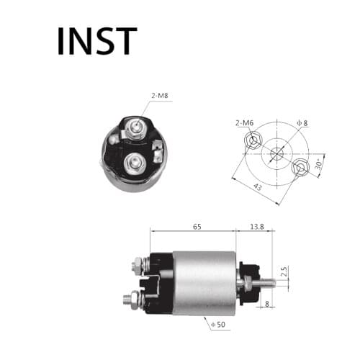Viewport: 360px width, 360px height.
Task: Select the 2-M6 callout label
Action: coord(244,122)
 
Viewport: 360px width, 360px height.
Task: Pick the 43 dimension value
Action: coord(257,186)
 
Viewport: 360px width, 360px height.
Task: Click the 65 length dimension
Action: coord(197,226)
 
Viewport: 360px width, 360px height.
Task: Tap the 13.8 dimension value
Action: coord(256,226)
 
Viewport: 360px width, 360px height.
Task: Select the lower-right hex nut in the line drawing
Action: coord(301,167)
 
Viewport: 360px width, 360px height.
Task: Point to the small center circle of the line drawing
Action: coord(277,153)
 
